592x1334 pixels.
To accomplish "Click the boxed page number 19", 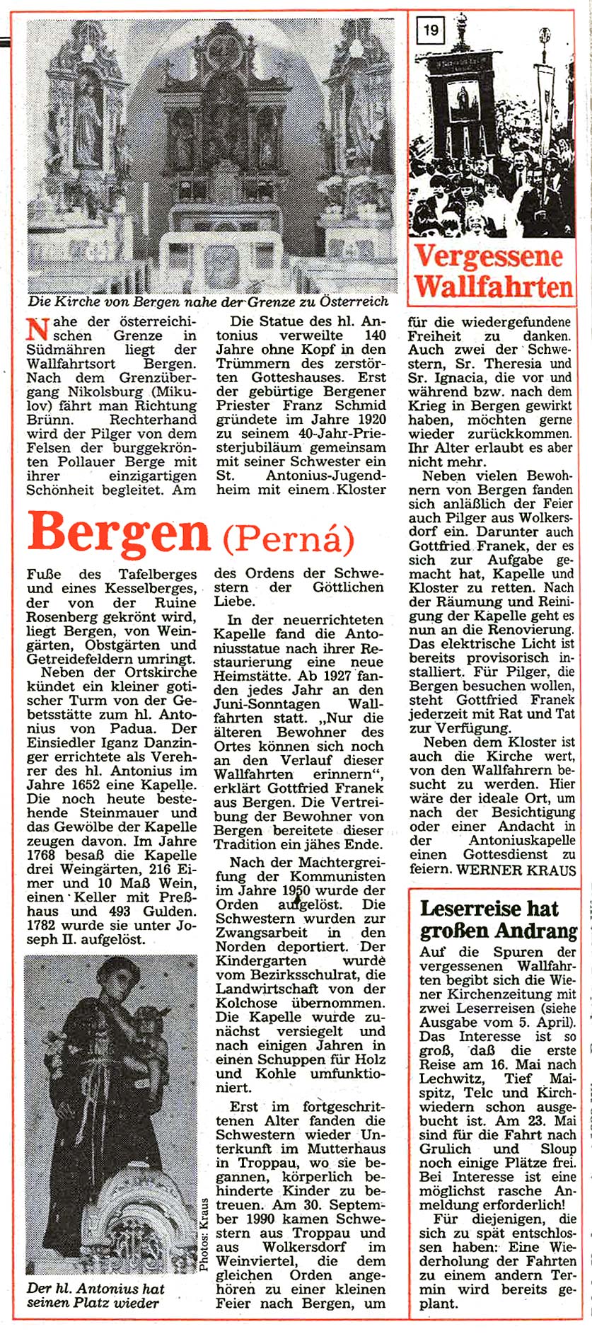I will (431, 30).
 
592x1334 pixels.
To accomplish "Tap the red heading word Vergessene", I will (489, 256).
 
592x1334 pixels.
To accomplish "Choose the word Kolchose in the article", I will (248, 1003).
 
